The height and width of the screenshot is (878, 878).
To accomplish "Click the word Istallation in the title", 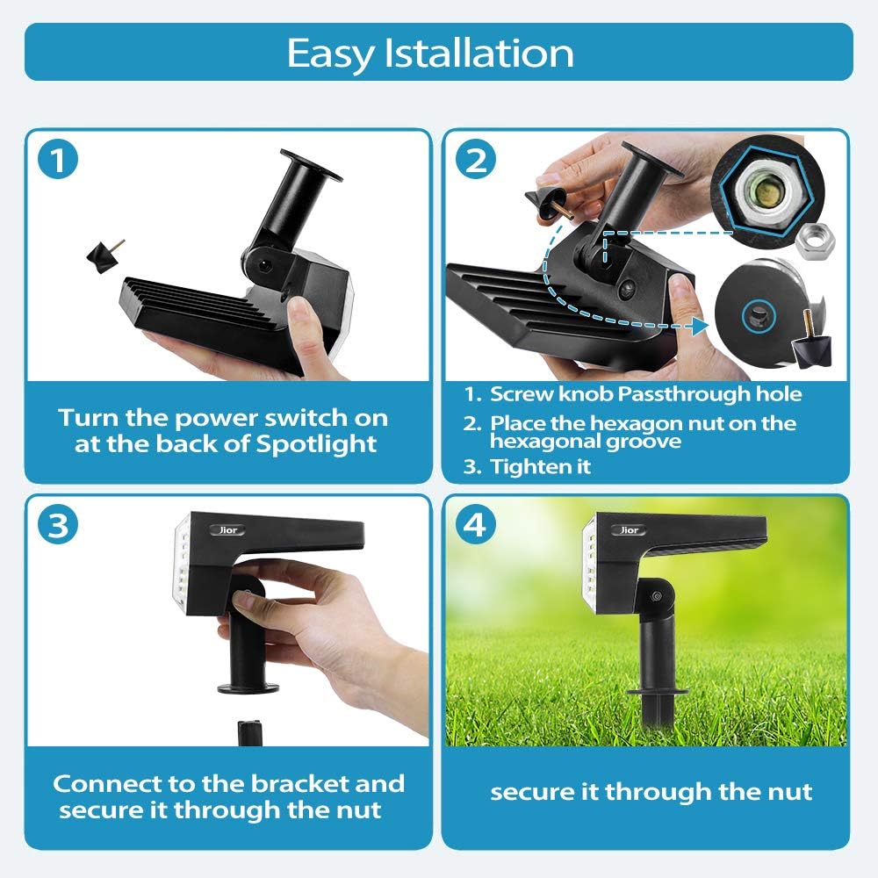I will coord(479,53).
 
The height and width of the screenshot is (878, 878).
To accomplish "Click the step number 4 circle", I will coord(475,525).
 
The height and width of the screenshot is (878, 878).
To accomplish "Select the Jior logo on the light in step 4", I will coord(630,529).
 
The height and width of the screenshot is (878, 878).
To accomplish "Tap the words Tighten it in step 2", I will coord(540,466).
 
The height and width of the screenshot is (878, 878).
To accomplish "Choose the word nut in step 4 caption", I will coord(788,792).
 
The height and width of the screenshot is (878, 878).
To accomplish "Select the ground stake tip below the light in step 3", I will coord(249,732).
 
